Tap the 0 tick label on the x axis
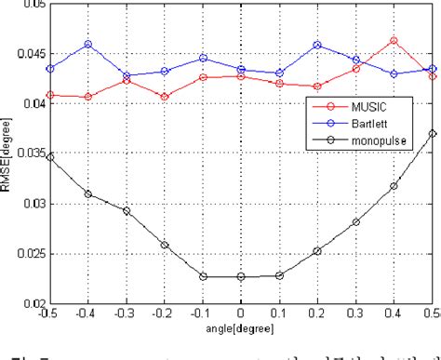pyautogui.click(x=240, y=314)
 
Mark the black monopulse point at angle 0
pyautogui.click(x=240, y=276)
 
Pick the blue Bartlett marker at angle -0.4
pyautogui.click(x=87, y=44)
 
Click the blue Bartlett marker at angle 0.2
pyautogui.click(x=317, y=45)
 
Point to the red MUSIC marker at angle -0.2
pyautogui.click(x=164, y=97)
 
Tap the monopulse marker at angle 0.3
pyautogui.click(x=355, y=222)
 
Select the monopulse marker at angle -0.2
pyautogui.click(x=164, y=246)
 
